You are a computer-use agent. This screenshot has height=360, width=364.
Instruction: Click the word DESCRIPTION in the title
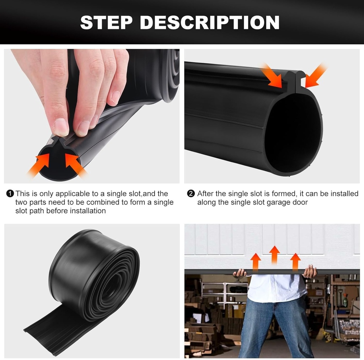[x=210, y=22]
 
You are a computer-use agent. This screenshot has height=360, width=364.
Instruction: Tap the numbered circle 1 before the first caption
[x=10, y=194]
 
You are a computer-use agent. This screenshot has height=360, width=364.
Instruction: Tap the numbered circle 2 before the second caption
[x=191, y=194]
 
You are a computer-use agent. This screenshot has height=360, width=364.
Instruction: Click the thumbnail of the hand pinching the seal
[x=92, y=116]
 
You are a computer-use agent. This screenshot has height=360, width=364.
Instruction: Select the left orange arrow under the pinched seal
[x=40, y=165]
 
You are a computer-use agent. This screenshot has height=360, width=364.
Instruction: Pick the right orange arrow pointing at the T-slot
[x=315, y=76]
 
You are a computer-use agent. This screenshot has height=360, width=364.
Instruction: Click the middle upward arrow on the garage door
[x=274, y=254]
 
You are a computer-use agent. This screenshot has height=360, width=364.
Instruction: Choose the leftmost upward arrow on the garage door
[x=256, y=262]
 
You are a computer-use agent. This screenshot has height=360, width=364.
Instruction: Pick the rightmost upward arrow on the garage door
[x=295, y=262]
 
